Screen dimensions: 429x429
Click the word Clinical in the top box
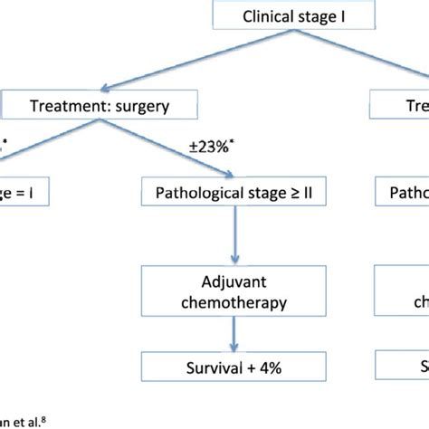tap(270, 16)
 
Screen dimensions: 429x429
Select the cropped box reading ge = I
tap(27, 194)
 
